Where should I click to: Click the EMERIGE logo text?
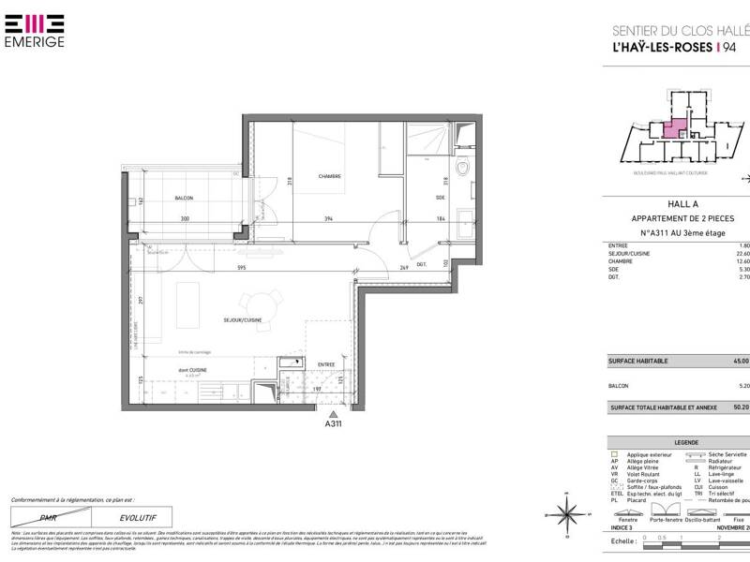(36, 42)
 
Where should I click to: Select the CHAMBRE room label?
(329, 176)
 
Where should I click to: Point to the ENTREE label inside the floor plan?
(325, 364)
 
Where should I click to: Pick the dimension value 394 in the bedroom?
(329, 219)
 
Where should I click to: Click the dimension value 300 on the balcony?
(186, 219)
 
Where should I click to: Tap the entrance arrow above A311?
(333, 413)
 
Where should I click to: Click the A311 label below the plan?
(333, 424)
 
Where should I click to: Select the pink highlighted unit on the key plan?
(674, 129)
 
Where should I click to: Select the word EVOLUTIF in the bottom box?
(137, 517)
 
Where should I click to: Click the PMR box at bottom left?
(47, 517)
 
